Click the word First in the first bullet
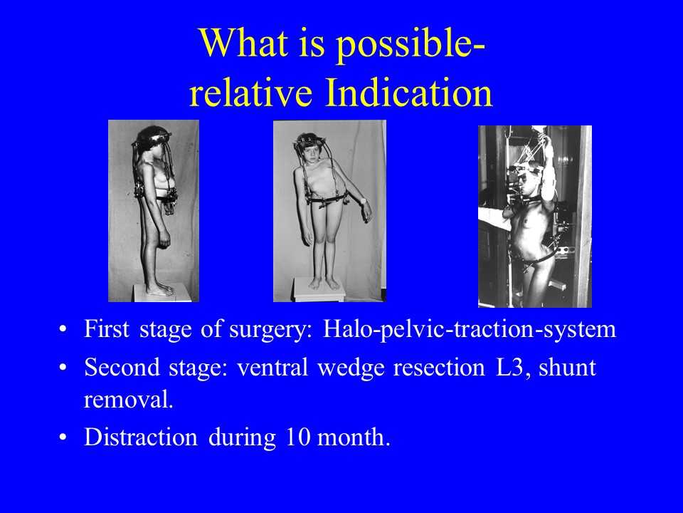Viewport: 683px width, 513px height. [x=106, y=328]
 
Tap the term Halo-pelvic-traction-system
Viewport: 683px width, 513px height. [x=470, y=330]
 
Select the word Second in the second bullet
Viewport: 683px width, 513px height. [x=122, y=367]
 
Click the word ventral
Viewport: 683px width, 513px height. [x=272, y=367]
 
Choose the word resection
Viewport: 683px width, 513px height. [x=439, y=367]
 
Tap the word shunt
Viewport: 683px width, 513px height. [x=567, y=367]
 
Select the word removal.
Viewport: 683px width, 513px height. [x=129, y=399]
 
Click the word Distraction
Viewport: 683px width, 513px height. [x=141, y=437]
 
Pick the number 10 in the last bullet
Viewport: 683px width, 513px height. [x=297, y=437]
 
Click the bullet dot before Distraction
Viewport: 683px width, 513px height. [x=63, y=437]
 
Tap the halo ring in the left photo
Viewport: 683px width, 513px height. [x=152, y=139]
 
